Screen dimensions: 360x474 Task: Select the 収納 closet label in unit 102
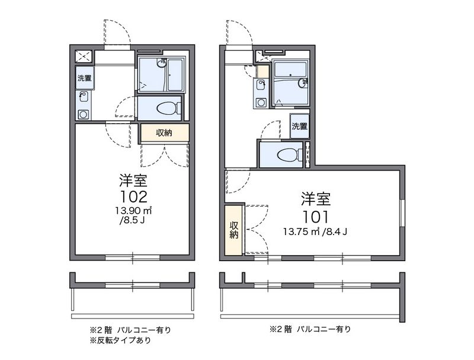[164, 133]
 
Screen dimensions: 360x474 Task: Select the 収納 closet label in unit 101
[234, 230]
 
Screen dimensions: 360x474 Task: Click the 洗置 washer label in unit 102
[84, 78]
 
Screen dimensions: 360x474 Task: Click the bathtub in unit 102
[175, 75]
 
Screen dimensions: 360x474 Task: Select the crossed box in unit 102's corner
[84, 57]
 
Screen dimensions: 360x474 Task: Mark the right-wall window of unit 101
[403, 213]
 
